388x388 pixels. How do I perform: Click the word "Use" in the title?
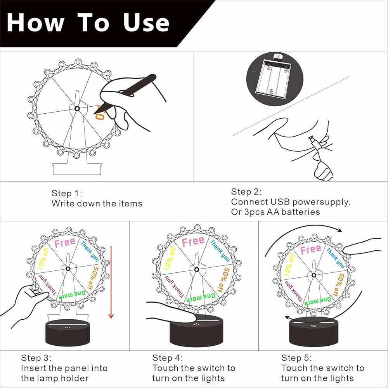tap(146, 23)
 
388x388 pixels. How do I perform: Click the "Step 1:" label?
tap(67, 193)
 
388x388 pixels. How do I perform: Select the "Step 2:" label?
tap(246, 192)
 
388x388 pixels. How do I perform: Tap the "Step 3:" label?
tap(36, 358)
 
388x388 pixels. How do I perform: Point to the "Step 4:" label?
tap(168, 358)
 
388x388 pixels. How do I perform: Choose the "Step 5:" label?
tap(296, 358)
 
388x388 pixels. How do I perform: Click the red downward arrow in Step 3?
tap(111, 282)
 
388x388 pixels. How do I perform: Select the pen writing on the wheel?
tap(125, 94)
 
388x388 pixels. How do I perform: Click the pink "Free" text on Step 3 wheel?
tap(64, 242)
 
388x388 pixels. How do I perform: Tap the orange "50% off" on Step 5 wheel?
tap(338, 285)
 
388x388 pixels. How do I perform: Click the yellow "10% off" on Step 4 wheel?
tap(170, 258)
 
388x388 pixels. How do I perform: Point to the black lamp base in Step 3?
tap(68, 333)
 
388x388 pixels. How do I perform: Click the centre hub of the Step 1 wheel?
tap(77, 109)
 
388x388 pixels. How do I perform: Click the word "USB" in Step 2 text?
tap(280, 202)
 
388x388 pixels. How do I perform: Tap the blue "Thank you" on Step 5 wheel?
tap(335, 258)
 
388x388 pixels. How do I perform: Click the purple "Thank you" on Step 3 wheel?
tap(47, 285)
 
